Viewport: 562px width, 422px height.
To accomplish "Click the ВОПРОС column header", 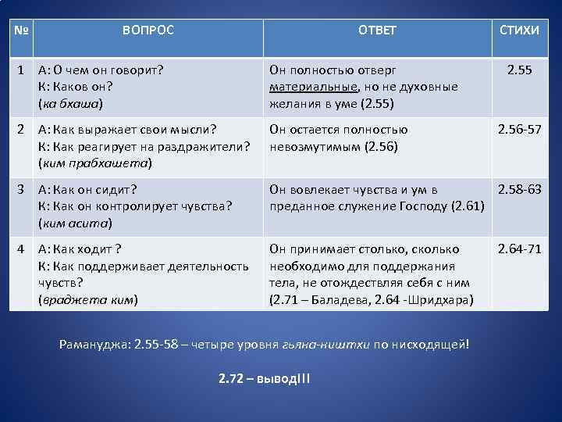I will [x=148, y=30].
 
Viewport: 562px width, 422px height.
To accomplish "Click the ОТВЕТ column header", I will [x=377, y=30].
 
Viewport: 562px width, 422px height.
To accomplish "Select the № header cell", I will [x=22, y=30].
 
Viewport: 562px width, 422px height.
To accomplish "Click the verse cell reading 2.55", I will [x=519, y=70].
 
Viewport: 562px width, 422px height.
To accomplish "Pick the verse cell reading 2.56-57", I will [x=520, y=130].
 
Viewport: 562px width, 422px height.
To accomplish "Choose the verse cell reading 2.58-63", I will [x=520, y=190].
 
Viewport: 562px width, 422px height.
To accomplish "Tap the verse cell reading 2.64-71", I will [x=520, y=249].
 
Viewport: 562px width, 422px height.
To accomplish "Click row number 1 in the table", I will [x=23, y=70].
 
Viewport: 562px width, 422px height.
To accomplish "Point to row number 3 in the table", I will [x=23, y=190].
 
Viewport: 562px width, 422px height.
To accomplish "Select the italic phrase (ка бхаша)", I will [x=71, y=102].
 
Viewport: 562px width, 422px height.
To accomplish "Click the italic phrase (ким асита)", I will [x=75, y=223].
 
